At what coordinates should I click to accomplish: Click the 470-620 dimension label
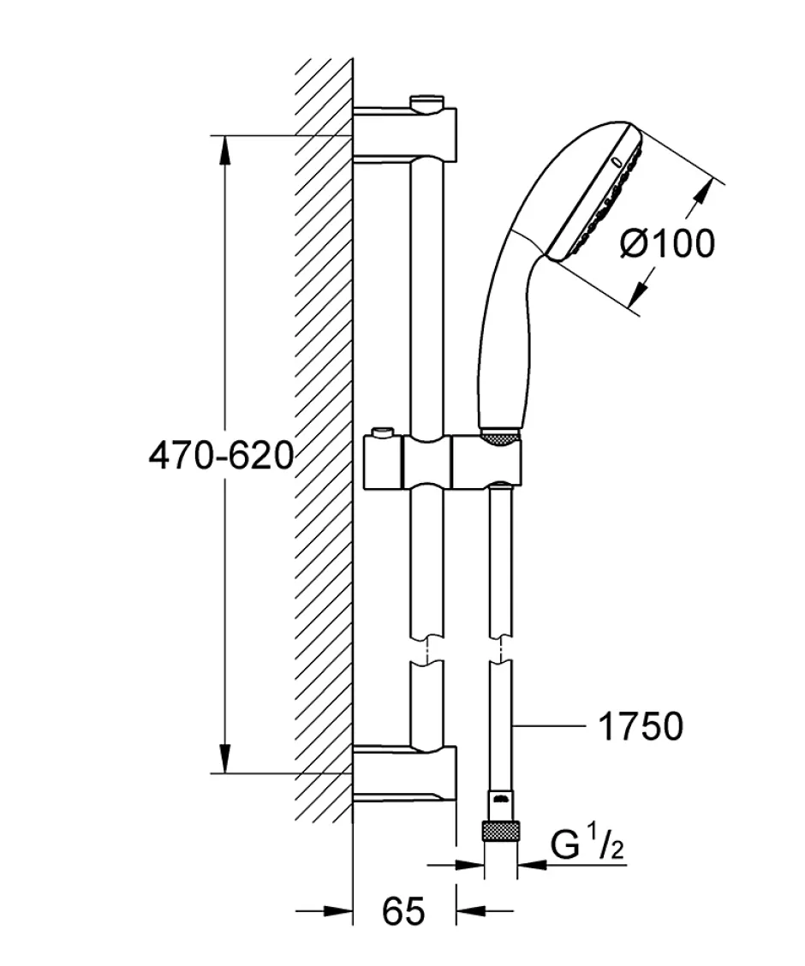pyautogui.click(x=221, y=456)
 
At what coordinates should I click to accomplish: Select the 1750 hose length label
pyautogui.click(x=641, y=726)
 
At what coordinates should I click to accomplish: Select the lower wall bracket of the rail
pyautogui.click(x=405, y=772)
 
